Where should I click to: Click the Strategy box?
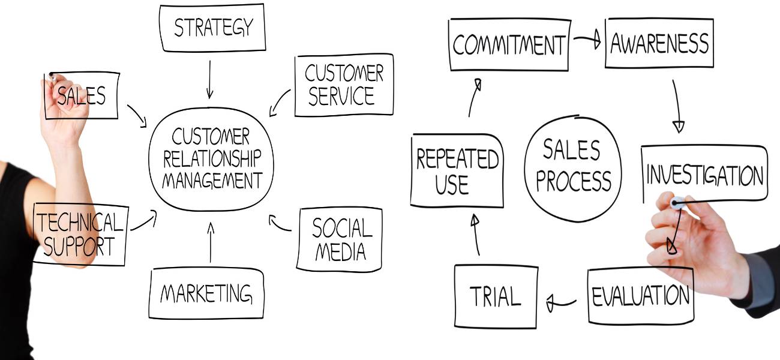(x=212, y=28)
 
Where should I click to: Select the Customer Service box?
(x=344, y=85)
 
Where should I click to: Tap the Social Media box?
(x=340, y=239)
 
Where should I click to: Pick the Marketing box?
(x=206, y=293)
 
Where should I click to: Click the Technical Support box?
(x=80, y=234)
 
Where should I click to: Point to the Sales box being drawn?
(x=82, y=95)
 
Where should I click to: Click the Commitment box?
(x=508, y=45)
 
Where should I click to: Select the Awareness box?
(x=659, y=43)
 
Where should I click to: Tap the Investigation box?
(x=704, y=175)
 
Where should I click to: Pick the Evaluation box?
(x=640, y=296)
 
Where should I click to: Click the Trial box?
(x=495, y=296)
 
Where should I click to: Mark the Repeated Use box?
(x=457, y=171)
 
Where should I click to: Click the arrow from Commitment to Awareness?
(x=586, y=41)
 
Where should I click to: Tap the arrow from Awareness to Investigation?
(x=677, y=105)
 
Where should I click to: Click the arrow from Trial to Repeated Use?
(x=476, y=235)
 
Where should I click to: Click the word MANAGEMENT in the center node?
(x=212, y=180)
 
